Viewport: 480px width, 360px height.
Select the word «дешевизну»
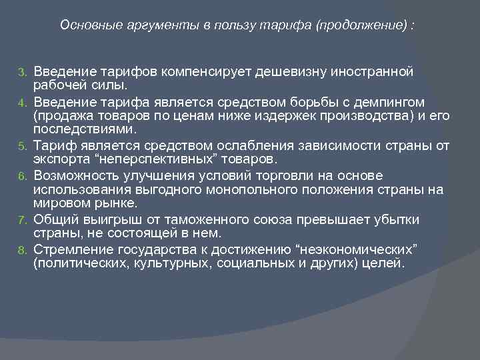[306, 71]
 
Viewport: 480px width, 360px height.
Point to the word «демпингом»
[385, 102]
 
